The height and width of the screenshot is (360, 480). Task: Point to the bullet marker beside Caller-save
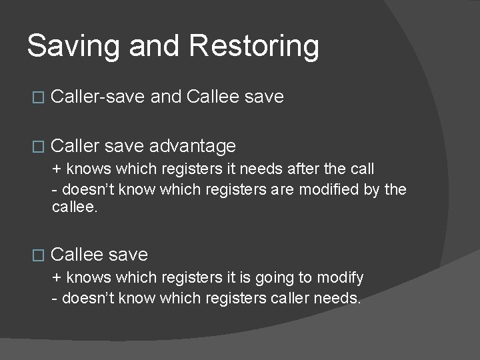pos(38,97)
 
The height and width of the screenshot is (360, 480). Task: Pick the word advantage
pos(193,146)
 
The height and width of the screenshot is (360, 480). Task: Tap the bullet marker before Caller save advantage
pos(38,146)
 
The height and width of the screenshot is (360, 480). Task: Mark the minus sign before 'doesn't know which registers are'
pos(55,189)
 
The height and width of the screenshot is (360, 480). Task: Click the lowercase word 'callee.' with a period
pos(75,208)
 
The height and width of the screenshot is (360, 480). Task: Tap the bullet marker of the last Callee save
pos(38,255)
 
